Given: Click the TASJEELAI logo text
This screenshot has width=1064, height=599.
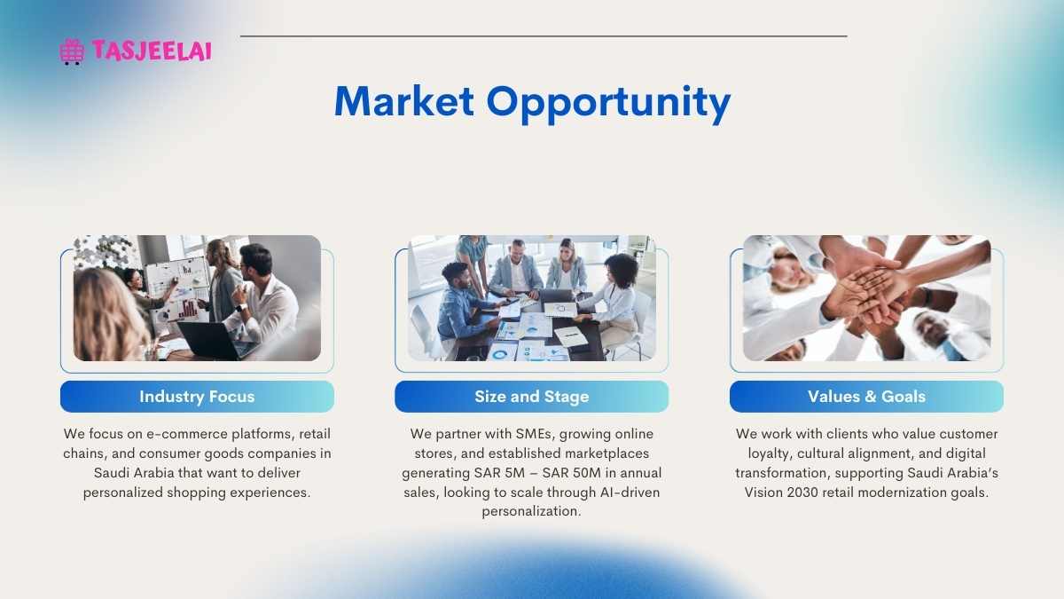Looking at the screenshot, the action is point(152,51).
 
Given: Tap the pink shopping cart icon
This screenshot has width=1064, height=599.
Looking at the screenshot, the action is point(72,51).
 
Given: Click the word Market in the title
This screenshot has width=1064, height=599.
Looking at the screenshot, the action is point(404,101).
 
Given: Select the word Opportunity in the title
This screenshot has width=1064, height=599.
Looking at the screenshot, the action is point(608,105).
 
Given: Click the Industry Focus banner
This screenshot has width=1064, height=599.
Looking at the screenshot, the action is point(197,397).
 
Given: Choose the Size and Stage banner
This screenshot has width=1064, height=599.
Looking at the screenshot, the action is point(531,397).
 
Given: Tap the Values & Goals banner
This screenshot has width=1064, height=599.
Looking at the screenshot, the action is point(866,397).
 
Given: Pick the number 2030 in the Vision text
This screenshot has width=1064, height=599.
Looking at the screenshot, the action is point(802,492).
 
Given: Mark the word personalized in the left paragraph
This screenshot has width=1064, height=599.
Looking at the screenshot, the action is point(122,493).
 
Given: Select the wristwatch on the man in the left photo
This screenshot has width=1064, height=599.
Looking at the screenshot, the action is point(241,308).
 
